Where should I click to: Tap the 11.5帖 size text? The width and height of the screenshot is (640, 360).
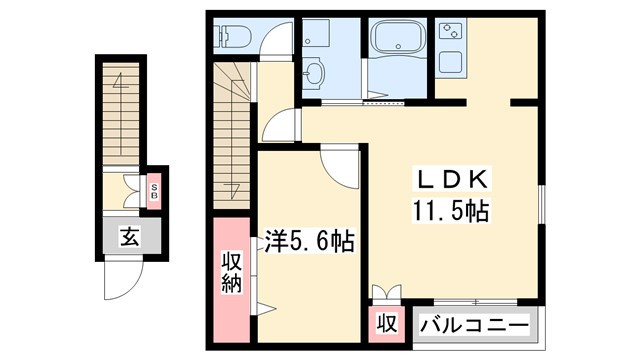pos(449,211)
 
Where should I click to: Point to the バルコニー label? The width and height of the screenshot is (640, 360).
pos(474,325)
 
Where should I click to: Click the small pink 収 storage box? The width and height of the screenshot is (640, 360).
pos(385,325)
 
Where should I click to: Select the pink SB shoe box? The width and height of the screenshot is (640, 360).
pos(154,190)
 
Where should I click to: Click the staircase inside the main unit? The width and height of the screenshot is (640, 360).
pos(230,129)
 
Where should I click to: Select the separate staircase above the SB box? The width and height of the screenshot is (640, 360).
pos(121,110)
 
